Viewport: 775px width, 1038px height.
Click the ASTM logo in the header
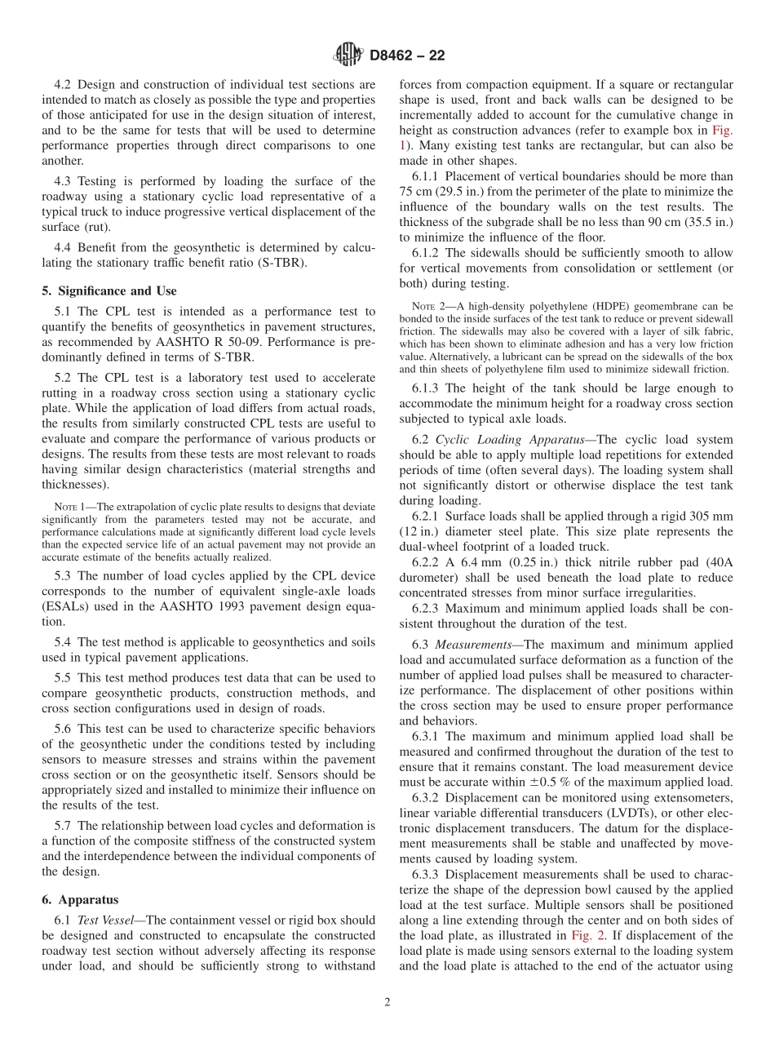click(348, 55)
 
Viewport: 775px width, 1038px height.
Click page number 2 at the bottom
click(387, 1003)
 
